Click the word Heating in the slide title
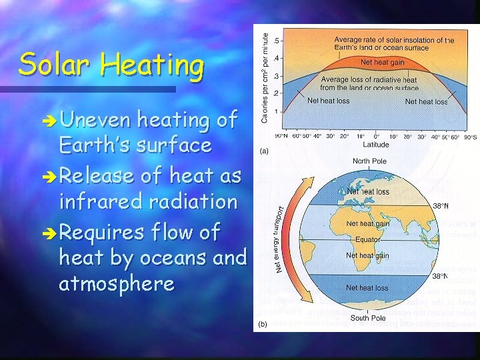[x=152, y=67]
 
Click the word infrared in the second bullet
[x=100, y=201]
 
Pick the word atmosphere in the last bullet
[x=117, y=284]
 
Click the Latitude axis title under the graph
[x=376, y=144]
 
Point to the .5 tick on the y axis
[x=278, y=41]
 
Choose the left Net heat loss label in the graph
[x=328, y=101]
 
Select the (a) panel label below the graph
[x=264, y=151]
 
